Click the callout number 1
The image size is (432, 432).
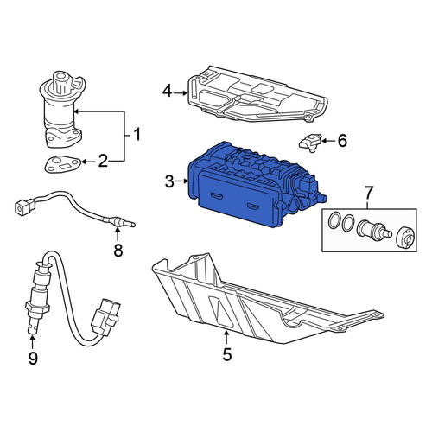[x=137, y=135]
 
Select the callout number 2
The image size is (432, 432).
[x=103, y=161]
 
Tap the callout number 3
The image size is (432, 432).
[x=170, y=181]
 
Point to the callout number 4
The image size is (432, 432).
[x=168, y=92]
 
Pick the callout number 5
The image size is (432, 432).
[x=227, y=354]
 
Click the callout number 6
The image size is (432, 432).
[x=342, y=141]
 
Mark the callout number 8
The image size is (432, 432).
[x=118, y=250]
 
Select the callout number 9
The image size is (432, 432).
[x=33, y=358]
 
